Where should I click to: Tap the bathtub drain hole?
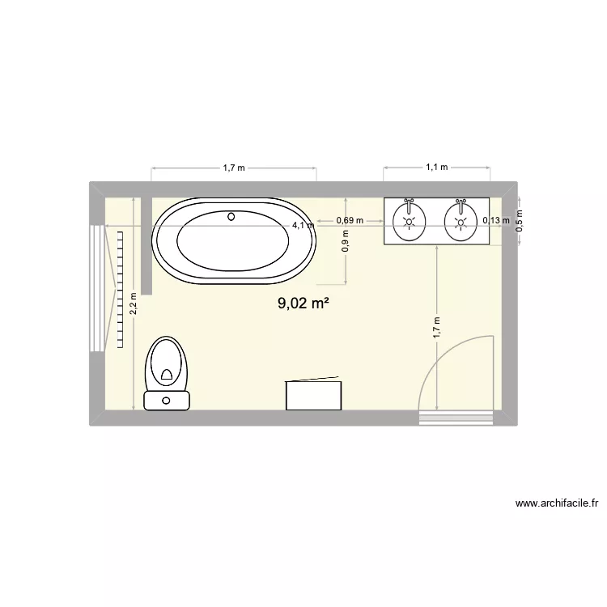coord(232,216)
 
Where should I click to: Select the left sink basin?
coord(410,220)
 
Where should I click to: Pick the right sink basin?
coord(461,220)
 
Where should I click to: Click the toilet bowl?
coord(167,364)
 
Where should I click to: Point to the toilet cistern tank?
coord(166,400)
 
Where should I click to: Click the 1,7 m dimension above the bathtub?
coord(234,168)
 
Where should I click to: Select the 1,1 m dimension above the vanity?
coord(437,168)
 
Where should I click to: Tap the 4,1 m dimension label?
coord(303,226)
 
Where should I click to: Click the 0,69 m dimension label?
coord(349,220)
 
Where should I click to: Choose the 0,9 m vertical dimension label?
coord(346,244)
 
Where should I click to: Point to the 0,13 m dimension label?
coord(496,220)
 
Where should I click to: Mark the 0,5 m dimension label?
coord(520,219)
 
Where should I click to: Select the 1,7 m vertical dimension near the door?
coord(436,327)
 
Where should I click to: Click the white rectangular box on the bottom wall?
coord(314,394)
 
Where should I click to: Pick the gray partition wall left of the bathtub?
coord(146,243)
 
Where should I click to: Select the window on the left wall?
coord(97,287)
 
